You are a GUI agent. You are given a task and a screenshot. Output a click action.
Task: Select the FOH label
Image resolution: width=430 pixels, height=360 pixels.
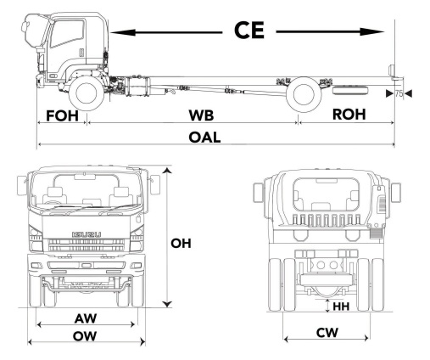point(61,115)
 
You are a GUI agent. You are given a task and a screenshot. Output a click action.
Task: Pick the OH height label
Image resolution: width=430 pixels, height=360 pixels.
point(181,243)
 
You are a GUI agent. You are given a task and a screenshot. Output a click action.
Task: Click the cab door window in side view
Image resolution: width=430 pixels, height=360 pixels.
point(64,38)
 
